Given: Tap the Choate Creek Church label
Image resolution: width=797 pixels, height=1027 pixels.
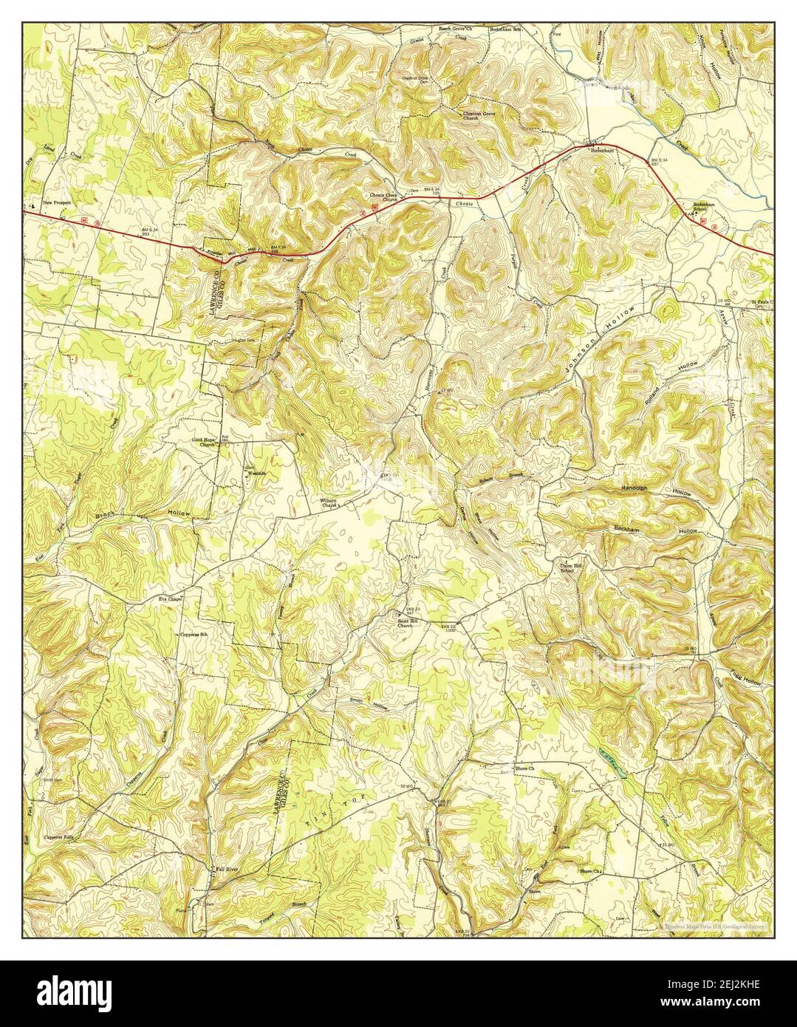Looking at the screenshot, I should (385, 198).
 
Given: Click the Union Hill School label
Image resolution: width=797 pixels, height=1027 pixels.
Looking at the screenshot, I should (567, 568).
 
